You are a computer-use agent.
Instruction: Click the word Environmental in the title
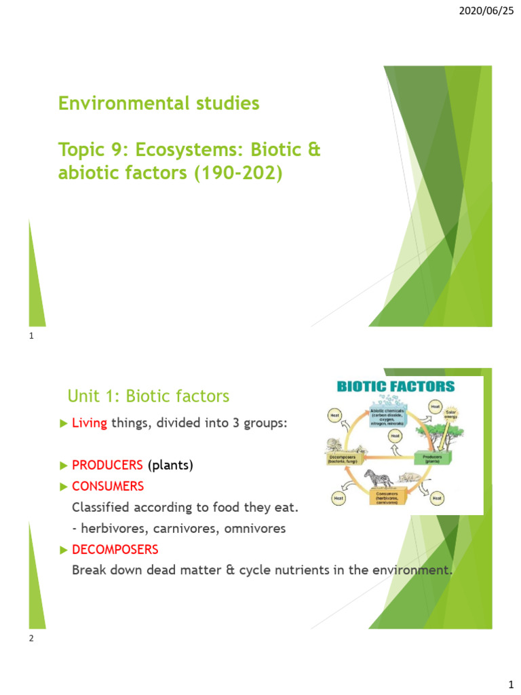(111, 104)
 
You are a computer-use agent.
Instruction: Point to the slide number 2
(32, 638)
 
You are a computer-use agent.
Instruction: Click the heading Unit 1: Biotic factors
(149, 396)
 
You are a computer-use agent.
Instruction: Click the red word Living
(90, 424)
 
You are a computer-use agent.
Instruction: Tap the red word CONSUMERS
(108, 487)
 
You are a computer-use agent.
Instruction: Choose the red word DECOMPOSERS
(115, 549)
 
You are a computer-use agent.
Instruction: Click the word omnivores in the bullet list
(251, 528)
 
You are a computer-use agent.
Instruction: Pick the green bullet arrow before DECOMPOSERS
(64, 549)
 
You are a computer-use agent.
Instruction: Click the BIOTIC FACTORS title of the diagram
(396, 388)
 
